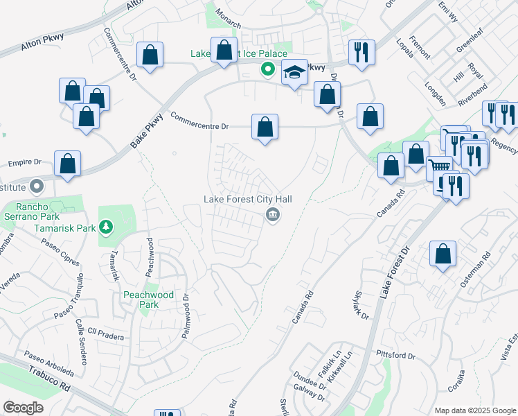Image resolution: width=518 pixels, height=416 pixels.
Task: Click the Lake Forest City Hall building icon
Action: pos(273,216)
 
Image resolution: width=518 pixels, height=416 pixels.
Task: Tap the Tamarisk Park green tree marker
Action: pos(105,227)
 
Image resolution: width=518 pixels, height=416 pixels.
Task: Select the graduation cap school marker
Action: pos(294,73)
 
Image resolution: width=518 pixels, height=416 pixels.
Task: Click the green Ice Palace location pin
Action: pos(267,69)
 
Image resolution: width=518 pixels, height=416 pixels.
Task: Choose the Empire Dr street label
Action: pos(26,163)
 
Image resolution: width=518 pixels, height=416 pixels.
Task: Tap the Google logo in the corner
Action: pos(24,408)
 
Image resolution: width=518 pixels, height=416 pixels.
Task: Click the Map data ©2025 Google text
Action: pos(475,410)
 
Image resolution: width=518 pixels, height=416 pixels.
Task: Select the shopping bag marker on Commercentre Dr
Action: pos(265,128)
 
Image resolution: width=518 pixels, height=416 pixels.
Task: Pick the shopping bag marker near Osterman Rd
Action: pos(443,254)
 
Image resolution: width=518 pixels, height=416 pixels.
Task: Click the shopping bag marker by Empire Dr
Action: pos(67,164)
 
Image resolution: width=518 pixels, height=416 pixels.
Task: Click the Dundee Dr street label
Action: pos(310,386)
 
